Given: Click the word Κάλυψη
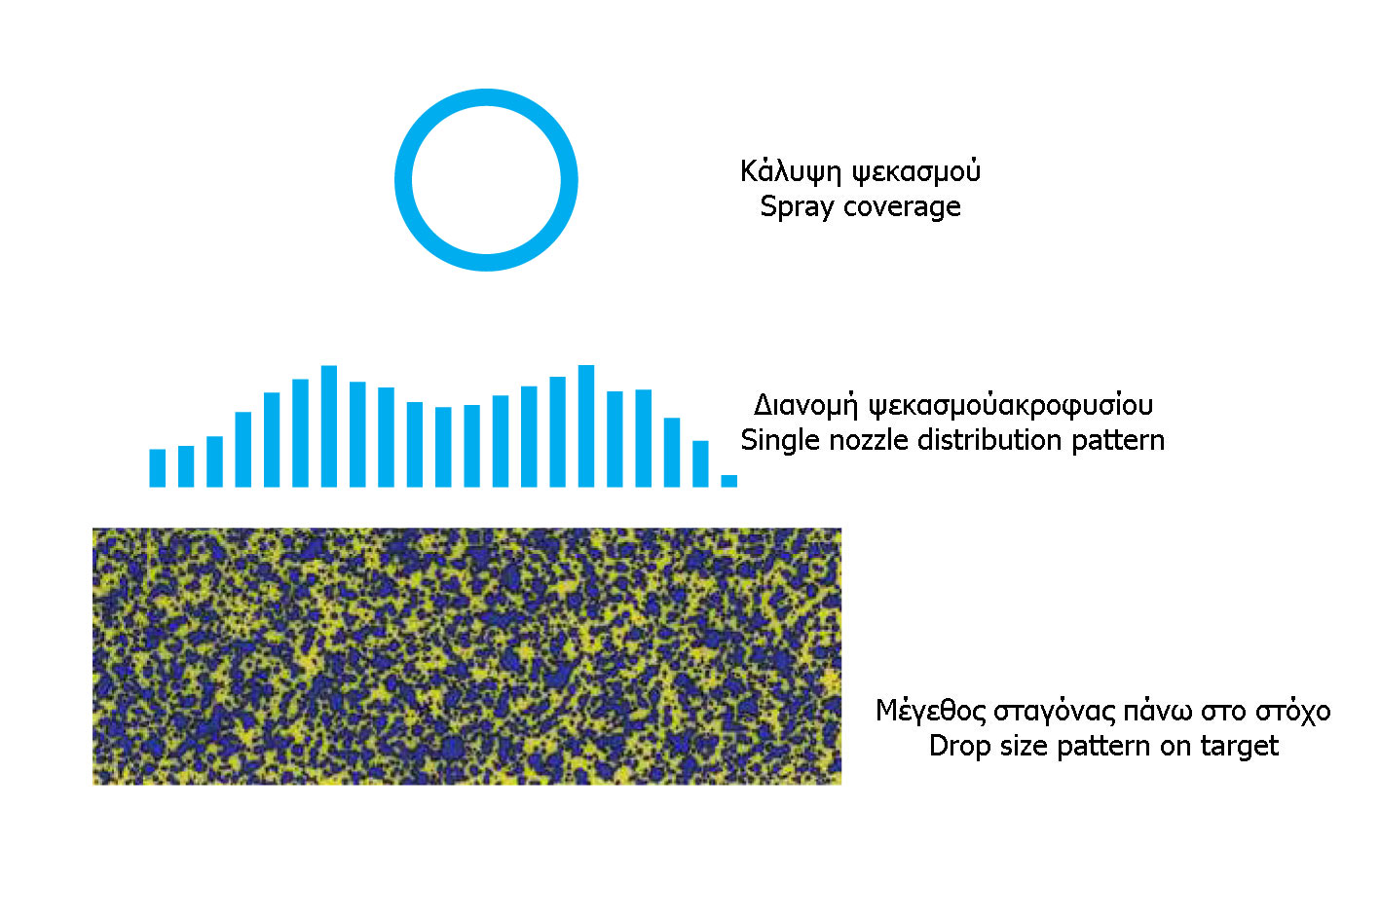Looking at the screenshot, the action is pos(791,171).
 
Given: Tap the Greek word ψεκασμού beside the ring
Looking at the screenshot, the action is pos(916,171).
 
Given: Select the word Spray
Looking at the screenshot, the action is pos(798,207).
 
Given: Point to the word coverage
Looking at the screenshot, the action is pos(902,207).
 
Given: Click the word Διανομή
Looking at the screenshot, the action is pos(805,406).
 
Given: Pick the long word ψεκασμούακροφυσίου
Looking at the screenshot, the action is pos(1011,406).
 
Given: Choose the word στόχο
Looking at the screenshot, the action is pos(1292,712).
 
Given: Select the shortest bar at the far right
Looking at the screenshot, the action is pos(728,481).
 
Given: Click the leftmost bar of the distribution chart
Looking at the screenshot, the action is pos(157,468).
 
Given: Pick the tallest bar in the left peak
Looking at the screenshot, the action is pos(329,426).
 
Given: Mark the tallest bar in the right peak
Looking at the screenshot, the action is pos(586,426).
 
